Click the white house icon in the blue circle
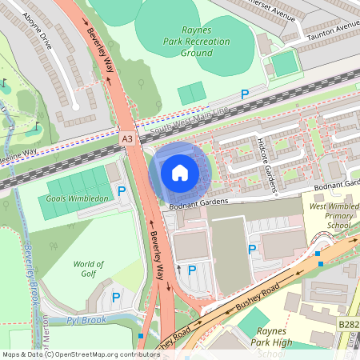click(x=180, y=172)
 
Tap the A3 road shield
click(x=127, y=138)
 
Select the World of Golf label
click(x=88, y=270)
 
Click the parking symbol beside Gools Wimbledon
click(x=122, y=191)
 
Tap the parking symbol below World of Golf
click(x=115, y=298)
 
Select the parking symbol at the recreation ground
click(x=245, y=94)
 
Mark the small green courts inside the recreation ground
click(x=191, y=94)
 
